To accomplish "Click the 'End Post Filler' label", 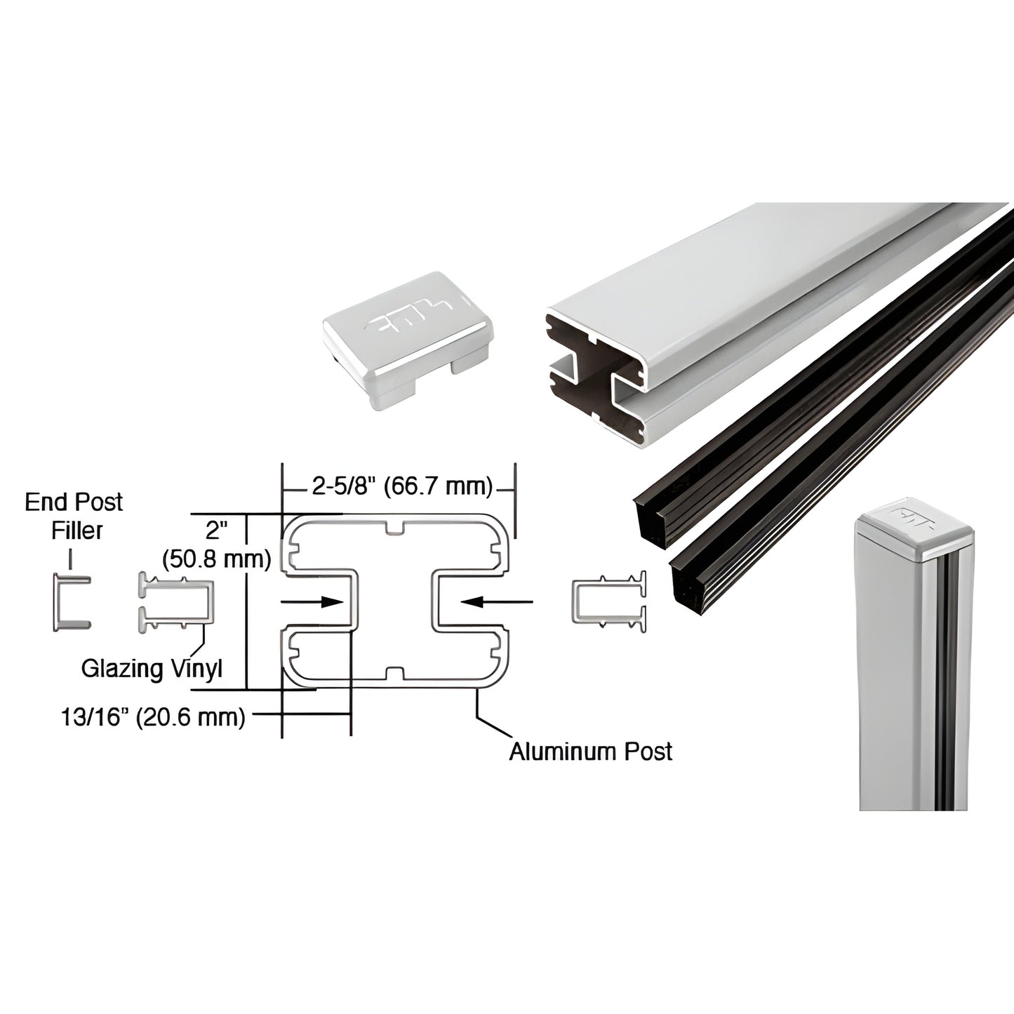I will tap(74, 516).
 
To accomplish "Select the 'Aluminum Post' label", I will tap(590, 751).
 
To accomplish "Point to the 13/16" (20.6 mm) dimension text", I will tap(153, 717).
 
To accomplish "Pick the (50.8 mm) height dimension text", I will tap(216, 559).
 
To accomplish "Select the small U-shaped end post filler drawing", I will tap(70, 601).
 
